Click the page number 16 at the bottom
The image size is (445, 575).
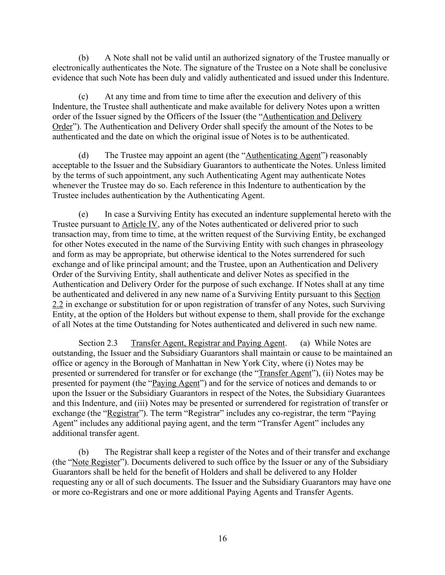coord(222,538)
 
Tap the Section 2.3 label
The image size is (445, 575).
coord(98,343)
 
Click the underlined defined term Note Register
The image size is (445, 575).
coord(96,462)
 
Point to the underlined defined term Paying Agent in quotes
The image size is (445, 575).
coord(175,383)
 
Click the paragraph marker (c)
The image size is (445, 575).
coord(84,96)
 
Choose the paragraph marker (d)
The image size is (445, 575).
coord(84,155)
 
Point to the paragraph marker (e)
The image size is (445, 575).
coord(84,214)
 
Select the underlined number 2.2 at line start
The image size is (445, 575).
coord(58,304)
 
